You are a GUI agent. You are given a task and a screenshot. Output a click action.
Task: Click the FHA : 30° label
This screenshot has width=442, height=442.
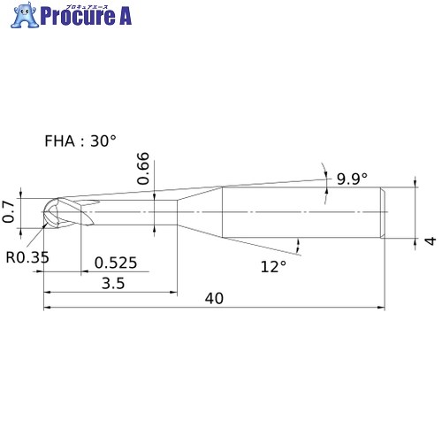click(x=80, y=141)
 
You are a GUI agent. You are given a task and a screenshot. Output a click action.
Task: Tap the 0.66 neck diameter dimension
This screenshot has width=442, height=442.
click(x=143, y=168)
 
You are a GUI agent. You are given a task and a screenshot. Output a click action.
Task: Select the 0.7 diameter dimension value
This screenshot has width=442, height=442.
click(x=8, y=212)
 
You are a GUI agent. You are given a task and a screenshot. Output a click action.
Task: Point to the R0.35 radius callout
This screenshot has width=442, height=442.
click(x=27, y=257)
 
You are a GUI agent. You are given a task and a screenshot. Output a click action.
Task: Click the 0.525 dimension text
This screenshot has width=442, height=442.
click(x=116, y=263)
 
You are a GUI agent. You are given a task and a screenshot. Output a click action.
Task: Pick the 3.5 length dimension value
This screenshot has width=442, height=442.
click(x=113, y=284)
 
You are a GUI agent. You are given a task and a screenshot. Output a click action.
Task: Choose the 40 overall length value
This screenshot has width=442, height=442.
click(x=214, y=299)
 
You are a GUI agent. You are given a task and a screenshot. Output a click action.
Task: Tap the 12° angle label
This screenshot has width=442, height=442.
click(x=273, y=267)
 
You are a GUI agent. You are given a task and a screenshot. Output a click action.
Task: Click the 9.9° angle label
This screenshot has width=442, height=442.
click(x=352, y=179)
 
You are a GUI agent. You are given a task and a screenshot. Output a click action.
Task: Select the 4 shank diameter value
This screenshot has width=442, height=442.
click(x=431, y=240)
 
